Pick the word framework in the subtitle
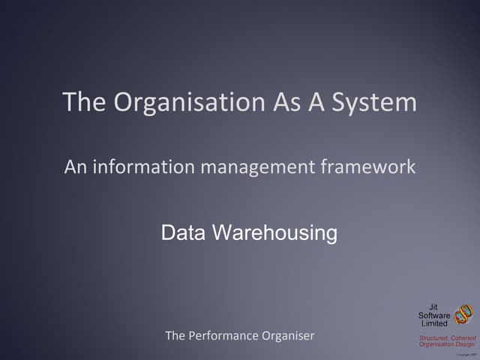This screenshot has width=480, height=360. coord(367,166)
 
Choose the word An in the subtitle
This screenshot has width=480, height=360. coord(74,166)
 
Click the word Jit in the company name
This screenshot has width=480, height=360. coord(433,307)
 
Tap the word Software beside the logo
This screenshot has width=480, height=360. coord(434,315)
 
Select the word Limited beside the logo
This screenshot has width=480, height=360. coord(434,323)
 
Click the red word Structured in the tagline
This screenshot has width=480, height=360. coord(433,337)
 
